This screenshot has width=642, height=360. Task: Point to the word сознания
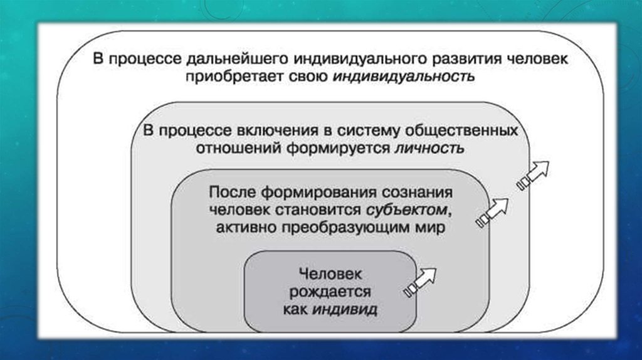(408, 192)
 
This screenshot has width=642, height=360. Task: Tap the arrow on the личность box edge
(532, 174)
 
